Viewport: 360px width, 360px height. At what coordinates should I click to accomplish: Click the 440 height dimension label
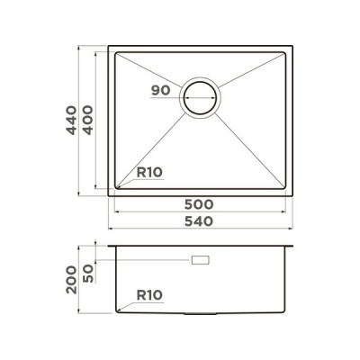71,120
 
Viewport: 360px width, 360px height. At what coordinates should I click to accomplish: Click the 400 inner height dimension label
88,120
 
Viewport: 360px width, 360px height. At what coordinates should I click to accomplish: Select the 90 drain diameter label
161,90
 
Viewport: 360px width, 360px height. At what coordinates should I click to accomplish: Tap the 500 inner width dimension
199,204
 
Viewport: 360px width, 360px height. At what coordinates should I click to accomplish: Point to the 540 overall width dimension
199,221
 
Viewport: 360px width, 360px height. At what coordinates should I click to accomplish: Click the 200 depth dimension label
72,280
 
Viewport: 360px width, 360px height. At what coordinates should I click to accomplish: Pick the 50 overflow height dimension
88,274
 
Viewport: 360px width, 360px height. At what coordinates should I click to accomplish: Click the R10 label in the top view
149,173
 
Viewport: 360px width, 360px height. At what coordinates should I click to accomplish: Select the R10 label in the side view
149,295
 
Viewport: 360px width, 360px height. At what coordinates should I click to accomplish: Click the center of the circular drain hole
200,98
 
